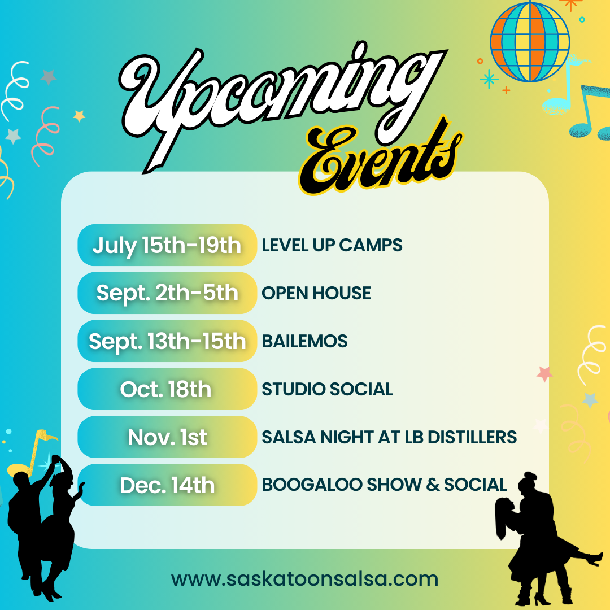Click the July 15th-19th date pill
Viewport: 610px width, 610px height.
pyautogui.click(x=167, y=245)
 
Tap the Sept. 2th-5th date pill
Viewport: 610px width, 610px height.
pyautogui.click(x=167, y=293)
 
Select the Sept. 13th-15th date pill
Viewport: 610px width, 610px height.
pyautogui.click(x=167, y=341)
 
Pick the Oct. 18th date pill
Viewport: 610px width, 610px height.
pyautogui.click(x=167, y=389)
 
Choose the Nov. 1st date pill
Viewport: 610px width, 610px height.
pyautogui.click(x=167, y=437)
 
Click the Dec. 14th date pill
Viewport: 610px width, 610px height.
pyautogui.click(x=167, y=485)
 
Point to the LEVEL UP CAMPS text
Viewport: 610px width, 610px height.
pyautogui.click(x=332, y=245)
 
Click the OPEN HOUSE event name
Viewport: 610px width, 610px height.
pyautogui.click(x=316, y=293)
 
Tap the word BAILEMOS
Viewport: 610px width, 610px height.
pyautogui.click(x=304, y=341)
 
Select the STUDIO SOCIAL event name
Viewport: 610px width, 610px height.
pyautogui.click(x=327, y=389)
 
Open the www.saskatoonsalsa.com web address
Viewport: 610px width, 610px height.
pyautogui.click(x=305, y=579)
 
